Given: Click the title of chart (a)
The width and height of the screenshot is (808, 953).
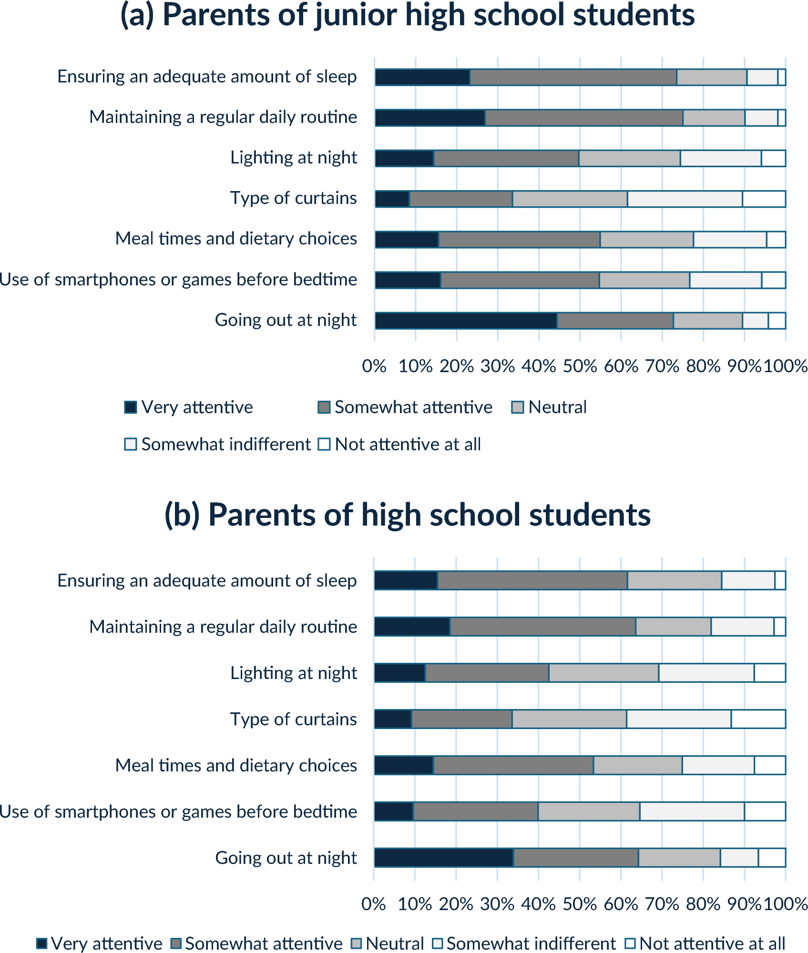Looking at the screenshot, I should pos(408,15).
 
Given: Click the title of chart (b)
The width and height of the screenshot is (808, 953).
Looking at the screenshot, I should pos(408,515).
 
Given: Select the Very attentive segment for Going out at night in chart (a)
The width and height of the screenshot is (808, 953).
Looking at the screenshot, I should pos(466,321).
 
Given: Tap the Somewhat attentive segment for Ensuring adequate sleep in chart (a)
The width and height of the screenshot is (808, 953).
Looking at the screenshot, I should pos(573,77).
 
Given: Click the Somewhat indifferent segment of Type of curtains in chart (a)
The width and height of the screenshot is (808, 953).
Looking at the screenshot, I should pos(685,199).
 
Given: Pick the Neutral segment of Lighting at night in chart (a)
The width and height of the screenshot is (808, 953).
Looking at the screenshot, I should pos(629,158).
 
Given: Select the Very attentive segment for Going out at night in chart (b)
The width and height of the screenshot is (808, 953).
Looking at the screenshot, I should pos(444,858).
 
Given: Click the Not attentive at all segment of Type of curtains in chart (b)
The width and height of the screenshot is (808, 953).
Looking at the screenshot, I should pos(758,719).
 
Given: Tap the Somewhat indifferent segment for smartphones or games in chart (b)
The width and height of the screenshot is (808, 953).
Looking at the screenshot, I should pos(692,811).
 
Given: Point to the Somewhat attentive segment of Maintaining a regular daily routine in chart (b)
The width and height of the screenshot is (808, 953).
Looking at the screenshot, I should pos(542,627).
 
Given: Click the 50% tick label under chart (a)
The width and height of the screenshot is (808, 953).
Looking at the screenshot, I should pos(580,366).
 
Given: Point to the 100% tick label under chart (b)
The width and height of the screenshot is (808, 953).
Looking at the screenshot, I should pos(785,904).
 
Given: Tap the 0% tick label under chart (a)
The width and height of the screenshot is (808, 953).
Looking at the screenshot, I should pos(374,366).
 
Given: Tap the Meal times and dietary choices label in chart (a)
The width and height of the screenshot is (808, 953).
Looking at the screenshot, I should pos(236,239).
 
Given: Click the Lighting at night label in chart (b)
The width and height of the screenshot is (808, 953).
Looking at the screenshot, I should pos(294,673).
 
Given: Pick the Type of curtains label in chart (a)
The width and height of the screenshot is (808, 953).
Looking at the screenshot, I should pos(294,198).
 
